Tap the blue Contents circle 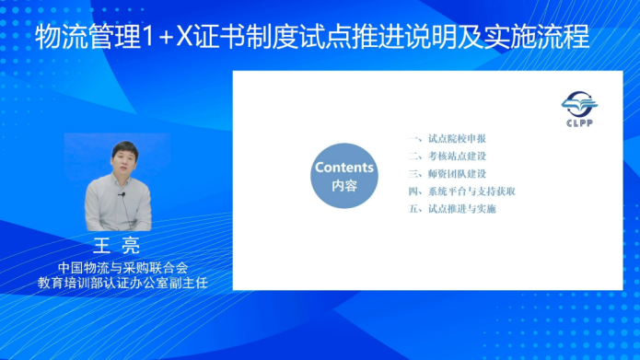(343, 176)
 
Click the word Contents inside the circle (343, 168)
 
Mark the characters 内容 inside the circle (343, 186)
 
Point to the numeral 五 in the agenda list (414, 209)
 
